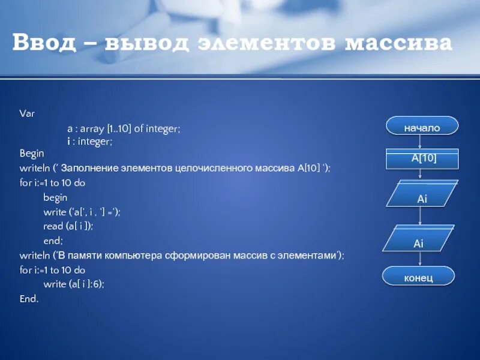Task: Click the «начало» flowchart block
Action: (422, 128)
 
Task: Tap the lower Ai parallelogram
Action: (419, 243)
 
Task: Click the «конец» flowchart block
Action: (418, 277)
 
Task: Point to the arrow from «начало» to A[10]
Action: (421, 142)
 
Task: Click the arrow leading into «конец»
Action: (419, 259)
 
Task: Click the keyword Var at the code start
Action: (27, 113)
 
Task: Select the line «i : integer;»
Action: (89, 141)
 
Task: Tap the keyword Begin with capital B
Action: (32, 154)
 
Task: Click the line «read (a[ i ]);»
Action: (68, 226)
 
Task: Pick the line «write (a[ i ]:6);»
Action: (74, 284)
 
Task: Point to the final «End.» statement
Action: (29, 298)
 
